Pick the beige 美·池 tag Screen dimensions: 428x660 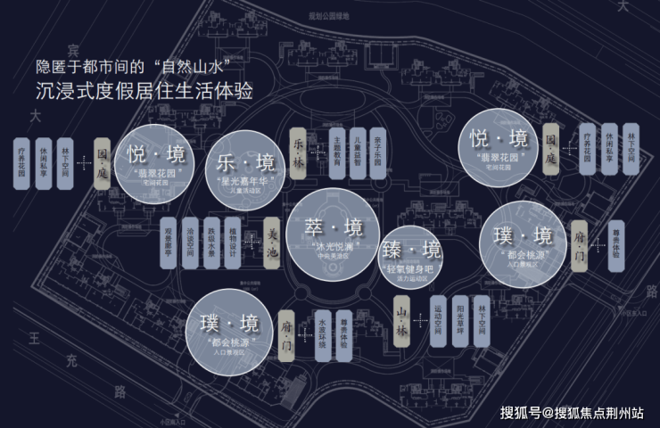coord(274,240)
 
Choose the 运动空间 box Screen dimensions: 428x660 coord(438,319)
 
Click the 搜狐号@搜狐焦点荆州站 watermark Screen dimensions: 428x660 coord(572,412)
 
